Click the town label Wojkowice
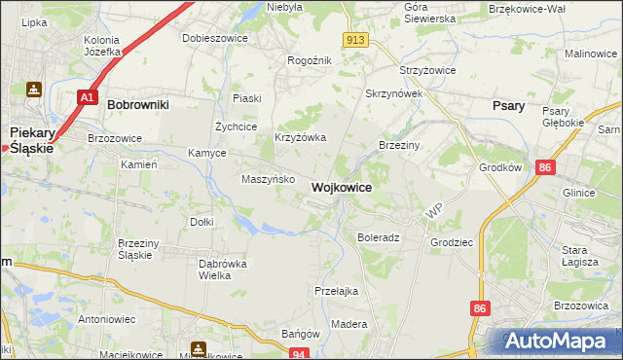pos(341,187)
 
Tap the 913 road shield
pos(355,39)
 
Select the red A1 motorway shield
pos(87,97)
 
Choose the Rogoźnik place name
pos(310,60)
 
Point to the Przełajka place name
pos(337,291)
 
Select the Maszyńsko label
pos(268,179)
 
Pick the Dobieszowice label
pos(215,38)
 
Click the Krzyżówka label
pos(300,137)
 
